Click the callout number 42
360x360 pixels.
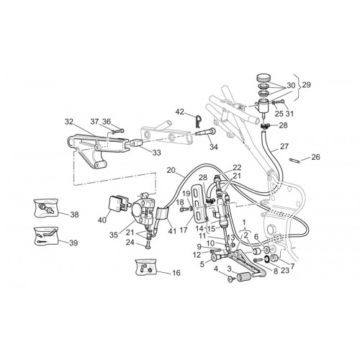tap(180, 112)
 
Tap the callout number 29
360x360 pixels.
tap(306, 85)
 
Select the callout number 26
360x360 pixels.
tap(315, 157)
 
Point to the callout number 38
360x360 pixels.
tap(74, 215)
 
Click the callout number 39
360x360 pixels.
tap(73, 243)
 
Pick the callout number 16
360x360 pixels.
tap(176, 273)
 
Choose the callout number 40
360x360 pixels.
tap(102, 220)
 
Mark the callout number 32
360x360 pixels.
tap(69, 122)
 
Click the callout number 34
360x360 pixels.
tap(213, 147)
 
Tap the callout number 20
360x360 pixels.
tap(171, 170)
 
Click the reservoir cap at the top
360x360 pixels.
tap(263, 78)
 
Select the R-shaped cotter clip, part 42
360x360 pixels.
tap(198, 122)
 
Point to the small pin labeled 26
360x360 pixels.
tap(294, 161)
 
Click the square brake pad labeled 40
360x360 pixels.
tap(115, 203)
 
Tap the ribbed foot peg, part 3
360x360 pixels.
tap(244, 278)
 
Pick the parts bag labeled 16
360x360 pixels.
tap(145, 267)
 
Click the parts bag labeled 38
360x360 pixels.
tap(46, 208)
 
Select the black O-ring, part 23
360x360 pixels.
tap(266, 260)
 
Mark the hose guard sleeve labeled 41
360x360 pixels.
tap(162, 214)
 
